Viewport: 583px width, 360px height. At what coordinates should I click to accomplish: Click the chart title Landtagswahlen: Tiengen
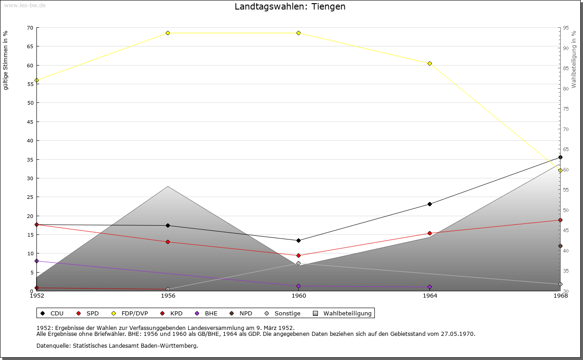pos(290,7)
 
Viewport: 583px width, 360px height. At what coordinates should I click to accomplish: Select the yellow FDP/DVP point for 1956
pos(168,33)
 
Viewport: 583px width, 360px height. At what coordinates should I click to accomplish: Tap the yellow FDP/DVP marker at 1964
pos(430,63)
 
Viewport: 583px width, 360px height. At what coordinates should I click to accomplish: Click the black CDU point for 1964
pos(430,204)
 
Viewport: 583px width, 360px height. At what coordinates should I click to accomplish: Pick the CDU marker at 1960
pos(298,240)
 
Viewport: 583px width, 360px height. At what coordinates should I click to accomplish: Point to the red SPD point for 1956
pos(168,242)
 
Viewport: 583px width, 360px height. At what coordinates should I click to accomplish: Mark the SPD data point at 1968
pos(560,220)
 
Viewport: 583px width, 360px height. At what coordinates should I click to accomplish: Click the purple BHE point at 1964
pos(430,287)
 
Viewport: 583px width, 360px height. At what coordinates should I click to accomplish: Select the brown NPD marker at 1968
pos(560,246)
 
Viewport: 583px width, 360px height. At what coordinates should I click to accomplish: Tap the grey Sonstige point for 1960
pos(298,263)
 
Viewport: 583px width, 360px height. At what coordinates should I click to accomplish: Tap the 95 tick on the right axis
pos(565,28)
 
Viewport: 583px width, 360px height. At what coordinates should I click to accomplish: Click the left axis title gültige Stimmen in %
pos(6,60)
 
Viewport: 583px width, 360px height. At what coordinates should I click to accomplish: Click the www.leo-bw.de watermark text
pos(24,5)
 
